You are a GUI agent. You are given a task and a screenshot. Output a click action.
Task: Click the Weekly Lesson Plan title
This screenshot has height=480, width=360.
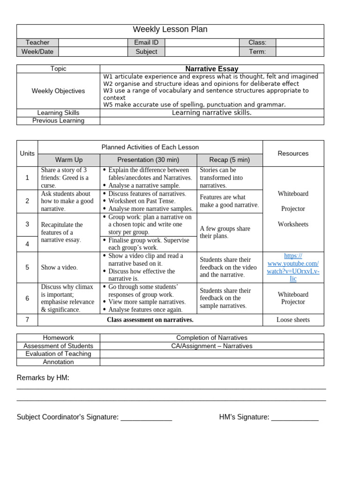pyautogui.click(x=170, y=30)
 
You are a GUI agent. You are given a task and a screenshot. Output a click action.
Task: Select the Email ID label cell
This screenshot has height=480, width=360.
pyautogui.click(x=146, y=43)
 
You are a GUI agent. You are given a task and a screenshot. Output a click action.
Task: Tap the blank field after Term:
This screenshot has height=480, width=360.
pyautogui.click(x=300, y=52)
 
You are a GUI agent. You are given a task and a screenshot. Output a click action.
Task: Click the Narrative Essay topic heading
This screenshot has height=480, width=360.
pyautogui.click(x=211, y=69)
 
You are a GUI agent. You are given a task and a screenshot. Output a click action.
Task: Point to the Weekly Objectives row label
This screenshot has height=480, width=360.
pyautogui.click(x=58, y=91)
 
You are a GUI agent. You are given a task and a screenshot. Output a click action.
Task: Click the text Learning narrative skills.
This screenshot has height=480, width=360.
pyautogui.click(x=211, y=112)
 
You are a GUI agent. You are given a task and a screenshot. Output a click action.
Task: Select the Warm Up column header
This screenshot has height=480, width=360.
pyautogui.click(x=68, y=160)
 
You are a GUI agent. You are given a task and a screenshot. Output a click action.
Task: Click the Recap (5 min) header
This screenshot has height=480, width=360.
pyautogui.click(x=229, y=160)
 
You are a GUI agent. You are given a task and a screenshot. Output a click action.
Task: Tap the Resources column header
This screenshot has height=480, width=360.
pyautogui.click(x=293, y=153)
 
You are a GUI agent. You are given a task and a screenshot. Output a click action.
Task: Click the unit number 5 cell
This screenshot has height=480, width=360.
pyautogui.click(x=27, y=267)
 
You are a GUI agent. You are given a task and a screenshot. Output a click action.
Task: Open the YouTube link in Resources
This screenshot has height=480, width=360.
pyautogui.click(x=293, y=267)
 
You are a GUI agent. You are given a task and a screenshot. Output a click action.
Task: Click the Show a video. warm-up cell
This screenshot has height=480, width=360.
pyautogui.click(x=60, y=268)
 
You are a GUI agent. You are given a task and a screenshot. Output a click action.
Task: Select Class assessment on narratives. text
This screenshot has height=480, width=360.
pyautogui.click(x=150, y=320)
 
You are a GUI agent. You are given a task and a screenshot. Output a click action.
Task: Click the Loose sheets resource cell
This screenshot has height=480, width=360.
pyautogui.click(x=293, y=320)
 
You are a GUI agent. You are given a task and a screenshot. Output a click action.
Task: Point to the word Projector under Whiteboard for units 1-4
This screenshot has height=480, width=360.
pyautogui.click(x=293, y=209)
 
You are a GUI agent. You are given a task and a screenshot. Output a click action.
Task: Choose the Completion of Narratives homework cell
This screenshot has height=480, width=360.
pyautogui.click(x=211, y=337)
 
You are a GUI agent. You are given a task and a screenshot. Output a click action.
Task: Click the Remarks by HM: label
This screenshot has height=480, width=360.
pyautogui.click(x=43, y=378)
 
